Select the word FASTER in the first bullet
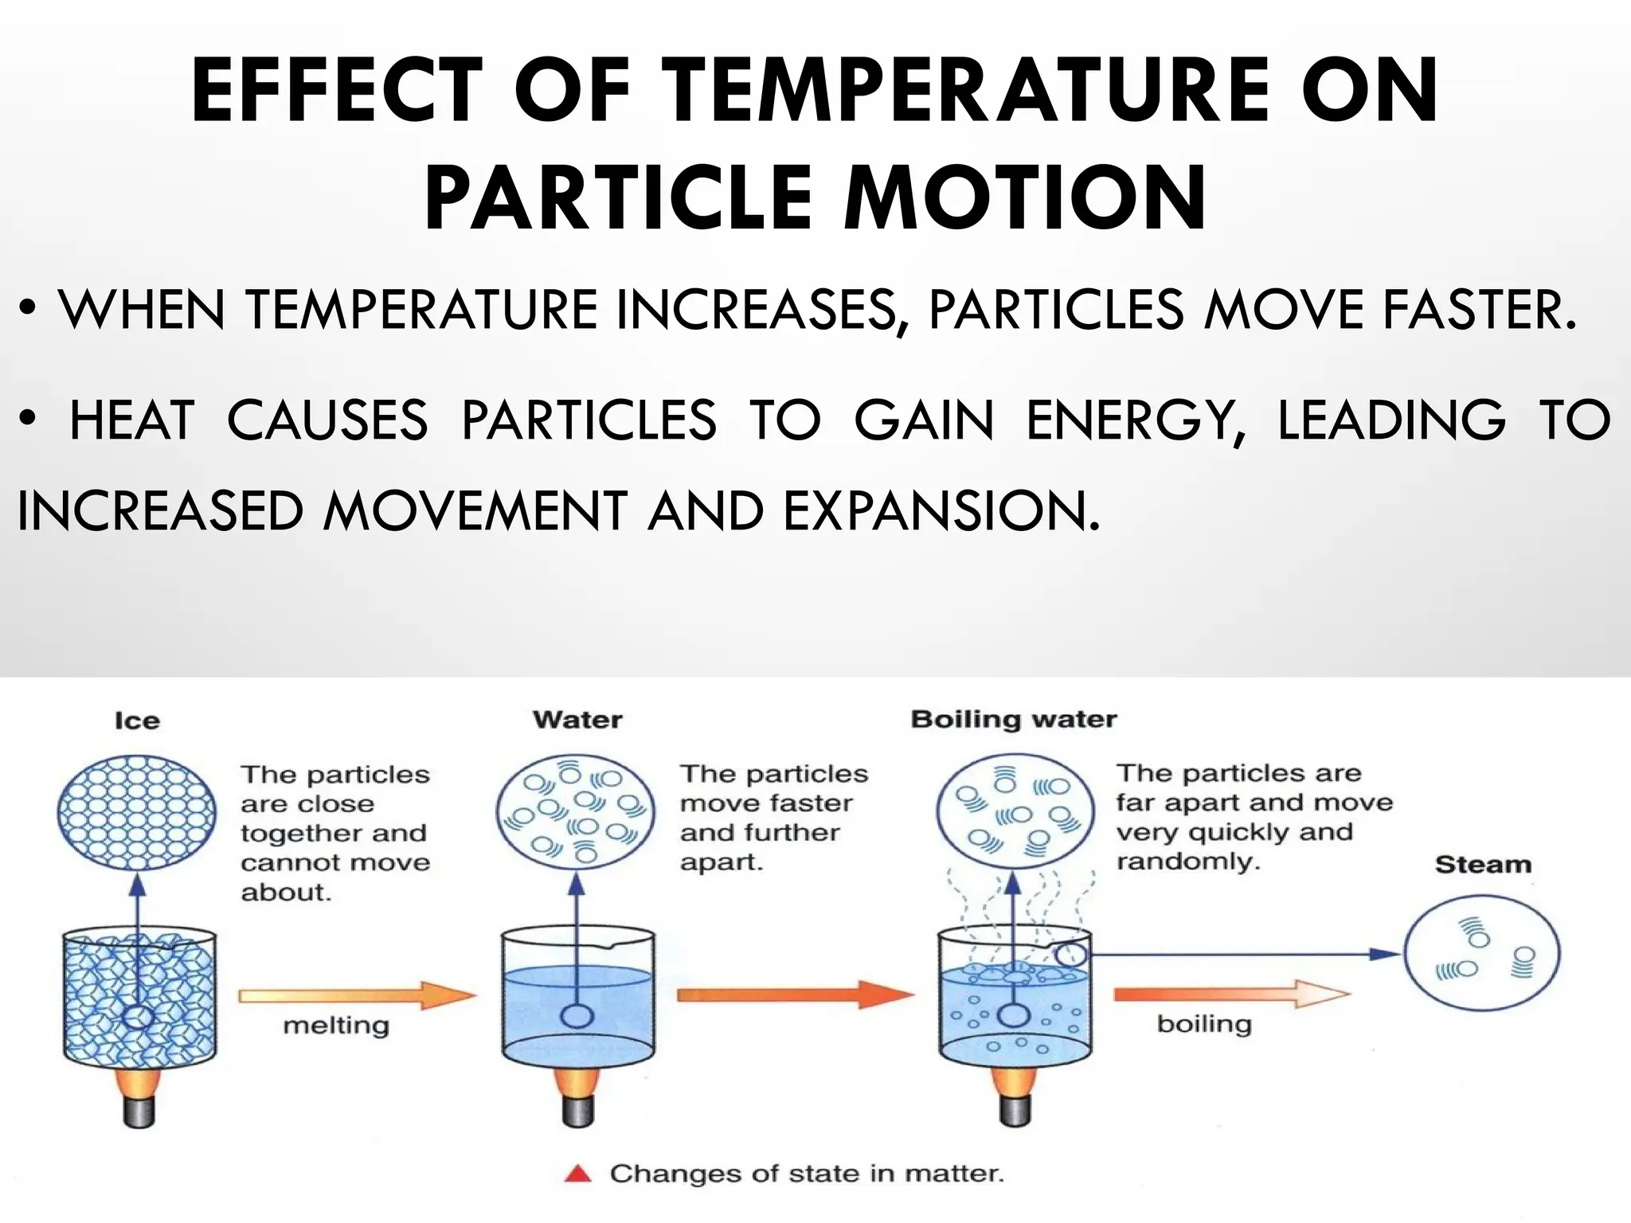[x=1479, y=310]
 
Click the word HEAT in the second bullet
[x=132, y=420]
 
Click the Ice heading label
[x=137, y=721]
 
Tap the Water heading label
[x=577, y=720]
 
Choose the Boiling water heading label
[x=1013, y=720]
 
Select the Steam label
[x=1483, y=865]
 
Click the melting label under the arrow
[x=336, y=1025]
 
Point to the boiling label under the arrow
[x=1204, y=1024]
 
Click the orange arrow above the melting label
[x=357, y=994]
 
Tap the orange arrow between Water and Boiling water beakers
[x=795, y=994]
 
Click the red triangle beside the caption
[x=578, y=1174]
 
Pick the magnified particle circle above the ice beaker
[x=137, y=813]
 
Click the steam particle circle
[x=1481, y=953]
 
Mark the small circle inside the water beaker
[x=577, y=1017]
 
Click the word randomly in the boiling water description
[x=1187, y=862]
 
